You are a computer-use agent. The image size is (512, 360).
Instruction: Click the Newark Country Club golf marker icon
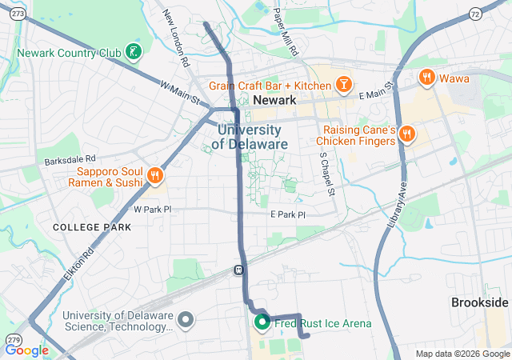coord(133,54)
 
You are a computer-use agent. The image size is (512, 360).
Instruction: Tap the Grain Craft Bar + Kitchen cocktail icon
coord(342,83)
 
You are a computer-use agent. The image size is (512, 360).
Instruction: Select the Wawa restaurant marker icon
coord(427,78)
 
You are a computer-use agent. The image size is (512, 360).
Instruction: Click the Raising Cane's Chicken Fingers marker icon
coord(406,133)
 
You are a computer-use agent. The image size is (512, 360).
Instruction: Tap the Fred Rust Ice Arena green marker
coord(261,322)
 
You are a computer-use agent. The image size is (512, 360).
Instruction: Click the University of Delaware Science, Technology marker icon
coord(186,321)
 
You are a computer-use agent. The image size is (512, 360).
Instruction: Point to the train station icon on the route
coord(238,270)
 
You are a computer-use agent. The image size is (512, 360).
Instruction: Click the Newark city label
coord(274,100)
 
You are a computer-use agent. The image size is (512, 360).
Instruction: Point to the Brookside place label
coord(479,302)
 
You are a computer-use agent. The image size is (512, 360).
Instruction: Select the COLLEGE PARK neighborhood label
coord(91,227)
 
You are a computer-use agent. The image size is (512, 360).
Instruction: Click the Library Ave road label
coord(398,206)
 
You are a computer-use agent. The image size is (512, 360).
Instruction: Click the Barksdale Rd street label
coord(70,159)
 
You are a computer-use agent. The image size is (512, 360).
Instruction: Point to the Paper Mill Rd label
coord(284,31)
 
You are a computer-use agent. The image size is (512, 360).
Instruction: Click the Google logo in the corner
coord(27,350)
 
